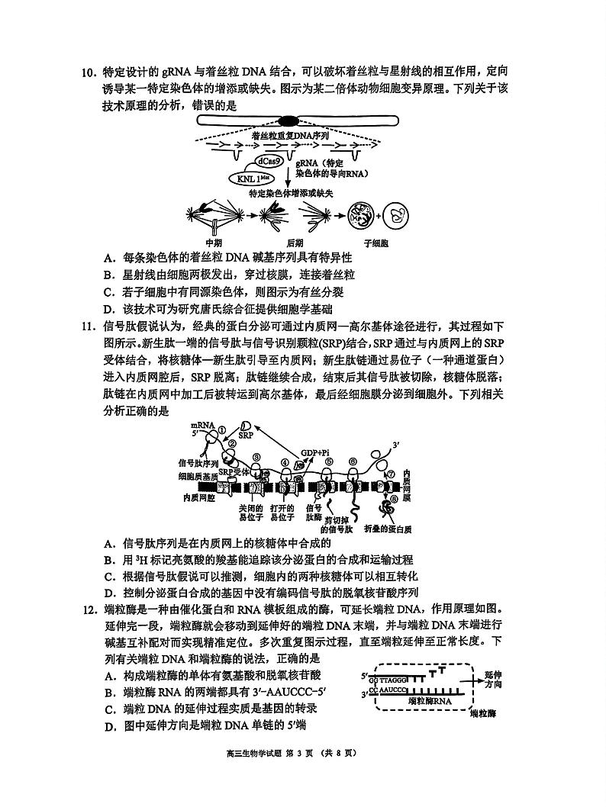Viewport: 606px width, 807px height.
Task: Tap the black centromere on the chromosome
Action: point(288,120)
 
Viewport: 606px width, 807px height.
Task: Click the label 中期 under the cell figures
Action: point(224,243)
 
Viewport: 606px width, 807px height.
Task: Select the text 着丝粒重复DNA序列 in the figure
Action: point(289,134)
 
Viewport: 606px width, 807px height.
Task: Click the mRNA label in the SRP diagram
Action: point(202,424)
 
